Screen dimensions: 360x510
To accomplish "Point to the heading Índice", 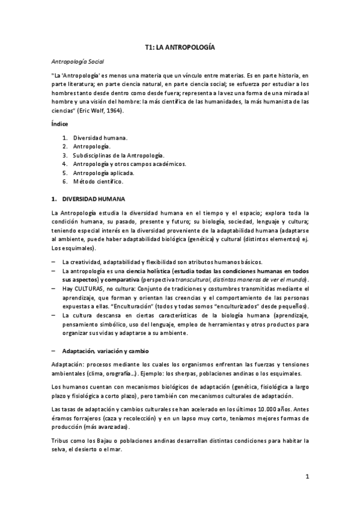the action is click(x=59, y=124).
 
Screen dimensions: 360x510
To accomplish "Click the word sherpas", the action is click(x=183, y=373).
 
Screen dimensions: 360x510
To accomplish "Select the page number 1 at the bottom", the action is click(x=307, y=478).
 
